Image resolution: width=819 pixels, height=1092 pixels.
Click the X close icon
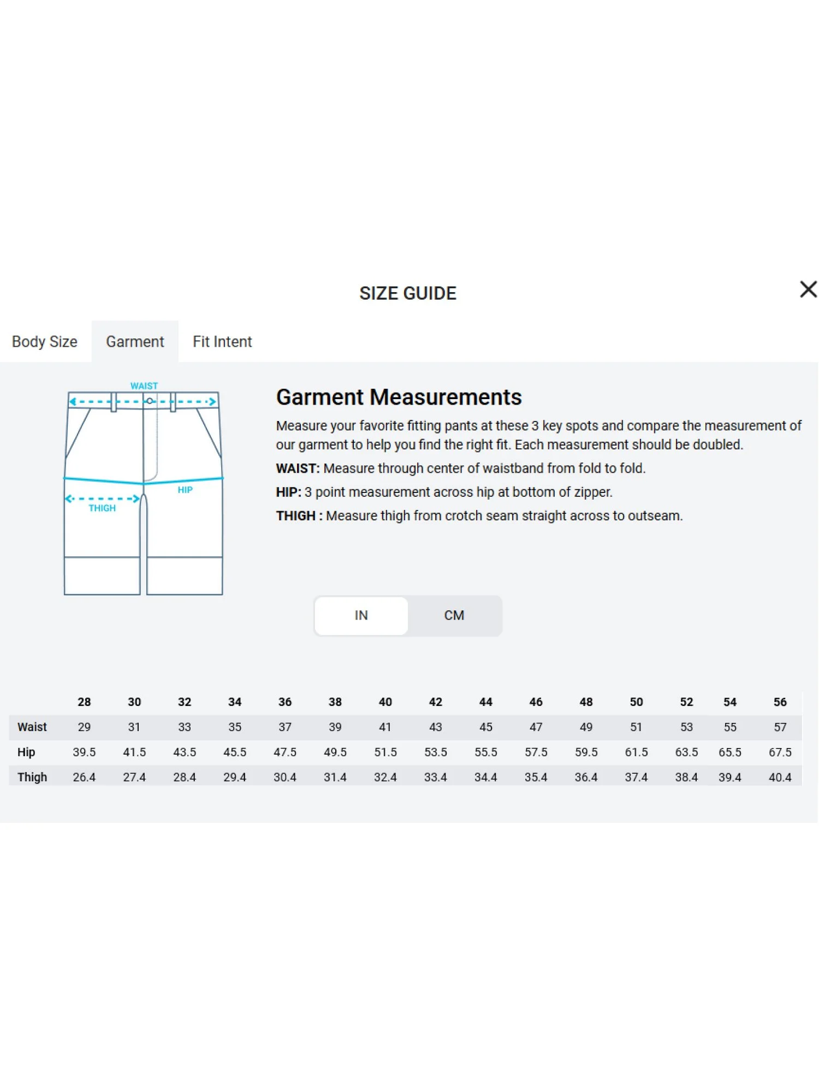click(x=808, y=289)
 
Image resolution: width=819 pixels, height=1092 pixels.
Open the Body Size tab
click(x=45, y=342)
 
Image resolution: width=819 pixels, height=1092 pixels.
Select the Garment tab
click(x=135, y=342)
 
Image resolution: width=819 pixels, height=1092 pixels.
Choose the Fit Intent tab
click(x=222, y=342)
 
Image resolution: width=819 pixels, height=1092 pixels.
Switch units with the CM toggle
click(x=454, y=615)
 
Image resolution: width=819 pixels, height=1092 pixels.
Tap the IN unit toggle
click(x=361, y=615)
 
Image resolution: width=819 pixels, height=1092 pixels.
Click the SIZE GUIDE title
click(x=408, y=293)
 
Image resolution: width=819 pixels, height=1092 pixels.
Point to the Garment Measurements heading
click(x=399, y=397)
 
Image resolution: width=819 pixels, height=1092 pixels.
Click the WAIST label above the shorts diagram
click(x=144, y=386)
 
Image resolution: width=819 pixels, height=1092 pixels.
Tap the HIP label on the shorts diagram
click(x=185, y=490)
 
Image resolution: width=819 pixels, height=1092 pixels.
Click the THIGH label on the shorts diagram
click(x=102, y=508)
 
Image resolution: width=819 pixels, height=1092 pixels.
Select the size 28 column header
click(x=84, y=702)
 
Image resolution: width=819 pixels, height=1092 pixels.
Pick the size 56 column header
click(x=780, y=702)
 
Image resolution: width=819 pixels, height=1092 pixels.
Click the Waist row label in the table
click(x=32, y=727)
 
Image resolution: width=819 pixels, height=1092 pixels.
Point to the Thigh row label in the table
click(x=32, y=777)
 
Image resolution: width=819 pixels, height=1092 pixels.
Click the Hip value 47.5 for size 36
click(x=285, y=752)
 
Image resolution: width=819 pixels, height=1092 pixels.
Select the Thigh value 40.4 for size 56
click(x=780, y=777)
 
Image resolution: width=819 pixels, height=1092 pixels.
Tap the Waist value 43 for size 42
click(x=435, y=727)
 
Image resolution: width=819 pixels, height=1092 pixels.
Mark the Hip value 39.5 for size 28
click(x=84, y=752)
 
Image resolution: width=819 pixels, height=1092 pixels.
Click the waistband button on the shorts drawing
click(x=150, y=401)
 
